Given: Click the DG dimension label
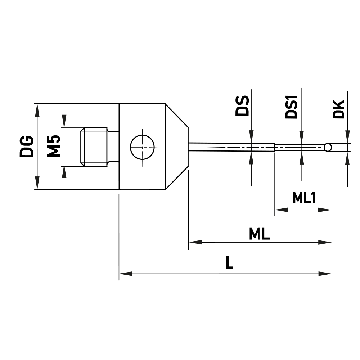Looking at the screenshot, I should tap(27, 147).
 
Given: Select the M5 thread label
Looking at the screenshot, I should tap(54, 147).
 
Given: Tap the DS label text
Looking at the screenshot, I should tap(242, 105).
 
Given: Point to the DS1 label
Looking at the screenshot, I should tap(291, 107).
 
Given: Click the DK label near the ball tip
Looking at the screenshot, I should tap(339, 109).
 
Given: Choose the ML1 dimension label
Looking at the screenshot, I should tap(304, 197).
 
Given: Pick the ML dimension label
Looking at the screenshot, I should tap(259, 235).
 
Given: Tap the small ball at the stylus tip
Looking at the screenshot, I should tap(328, 147).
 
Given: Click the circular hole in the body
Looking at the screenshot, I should tap(142, 147).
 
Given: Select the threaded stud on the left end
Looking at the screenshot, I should tap(94, 147).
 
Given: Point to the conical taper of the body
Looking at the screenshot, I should tap(176, 147).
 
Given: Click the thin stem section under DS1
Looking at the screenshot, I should tap(299, 147).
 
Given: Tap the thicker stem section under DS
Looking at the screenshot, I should tap(230, 147).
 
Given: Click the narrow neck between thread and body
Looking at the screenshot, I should tap(113, 147).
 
